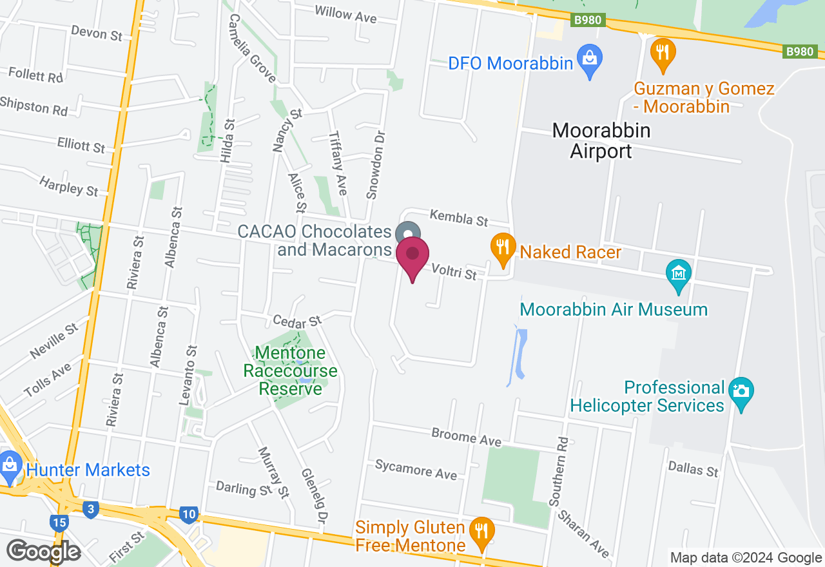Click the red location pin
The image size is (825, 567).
pos(412,256)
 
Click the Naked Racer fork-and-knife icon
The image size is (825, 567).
pos(503,247)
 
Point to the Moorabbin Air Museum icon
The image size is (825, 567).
pos(678,274)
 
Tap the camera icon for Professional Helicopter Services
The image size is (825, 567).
pos(741,391)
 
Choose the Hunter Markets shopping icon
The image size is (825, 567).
pos(10,465)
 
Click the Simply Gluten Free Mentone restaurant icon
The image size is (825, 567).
pos(481,532)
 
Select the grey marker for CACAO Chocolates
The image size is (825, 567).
pos(407,233)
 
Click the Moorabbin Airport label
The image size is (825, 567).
pos(601,141)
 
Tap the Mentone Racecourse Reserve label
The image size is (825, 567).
pos(289,370)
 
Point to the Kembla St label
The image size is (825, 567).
pos(459,217)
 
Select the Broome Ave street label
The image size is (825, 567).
pos(467,437)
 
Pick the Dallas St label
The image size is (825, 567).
pos(693,468)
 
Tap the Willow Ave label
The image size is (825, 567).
pos(345,14)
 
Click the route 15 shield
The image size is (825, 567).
pos(59,522)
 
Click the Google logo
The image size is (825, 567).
pos(44,551)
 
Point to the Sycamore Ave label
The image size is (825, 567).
pos(416,469)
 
